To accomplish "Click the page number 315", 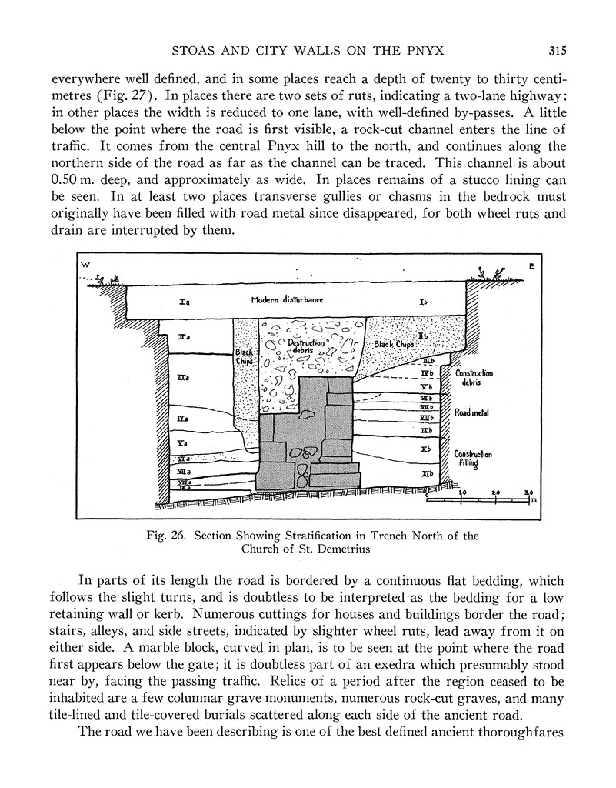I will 558,52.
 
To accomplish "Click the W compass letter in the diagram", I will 85,265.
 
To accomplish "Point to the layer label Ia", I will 185,302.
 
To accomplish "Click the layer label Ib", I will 424,302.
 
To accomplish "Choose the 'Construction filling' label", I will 473,459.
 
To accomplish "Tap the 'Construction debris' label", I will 474,377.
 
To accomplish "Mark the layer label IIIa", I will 183,377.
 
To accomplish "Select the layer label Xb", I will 425,448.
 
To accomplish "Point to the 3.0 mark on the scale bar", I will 529,492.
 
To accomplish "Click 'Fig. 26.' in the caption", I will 169,536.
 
